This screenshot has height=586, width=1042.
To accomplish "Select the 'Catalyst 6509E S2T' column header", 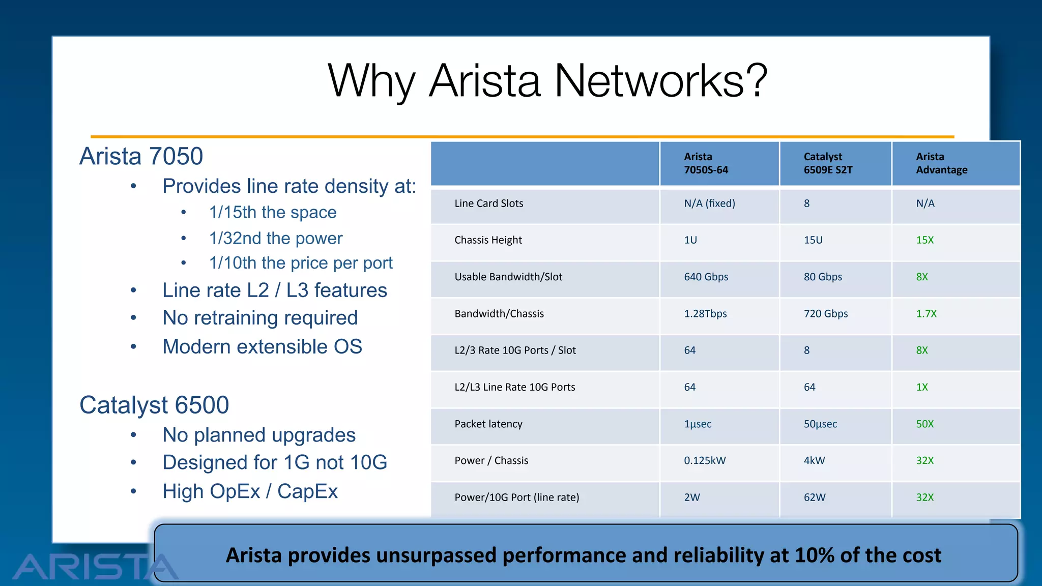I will coord(828,163).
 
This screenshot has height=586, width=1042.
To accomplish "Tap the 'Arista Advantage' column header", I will coord(941,163).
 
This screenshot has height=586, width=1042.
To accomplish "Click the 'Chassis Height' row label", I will coord(488,240).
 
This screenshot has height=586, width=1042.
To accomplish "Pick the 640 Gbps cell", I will coord(706,277).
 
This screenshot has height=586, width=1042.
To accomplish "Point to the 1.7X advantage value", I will coord(926,314).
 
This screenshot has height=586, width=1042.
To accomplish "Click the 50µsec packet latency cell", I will coord(820,424).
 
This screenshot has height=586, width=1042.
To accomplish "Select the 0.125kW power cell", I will coord(705,460).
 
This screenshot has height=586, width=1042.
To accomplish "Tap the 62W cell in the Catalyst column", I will coord(814,497).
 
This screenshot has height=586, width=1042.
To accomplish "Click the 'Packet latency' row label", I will coord(488,424).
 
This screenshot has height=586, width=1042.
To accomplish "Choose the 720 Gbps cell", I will coord(825,314).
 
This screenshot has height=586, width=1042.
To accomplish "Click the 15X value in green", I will coord(924,240).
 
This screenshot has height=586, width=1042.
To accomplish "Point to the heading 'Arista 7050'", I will coord(141,156).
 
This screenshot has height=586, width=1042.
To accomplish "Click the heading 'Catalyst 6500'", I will coord(154,405).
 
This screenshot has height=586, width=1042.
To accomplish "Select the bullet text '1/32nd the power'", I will coord(276,238).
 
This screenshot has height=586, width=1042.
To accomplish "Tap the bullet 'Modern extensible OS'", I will coord(262,347).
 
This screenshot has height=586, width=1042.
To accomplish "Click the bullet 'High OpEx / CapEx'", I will coord(250,491).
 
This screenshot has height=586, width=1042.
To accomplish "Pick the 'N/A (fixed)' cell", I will coord(709,203).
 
